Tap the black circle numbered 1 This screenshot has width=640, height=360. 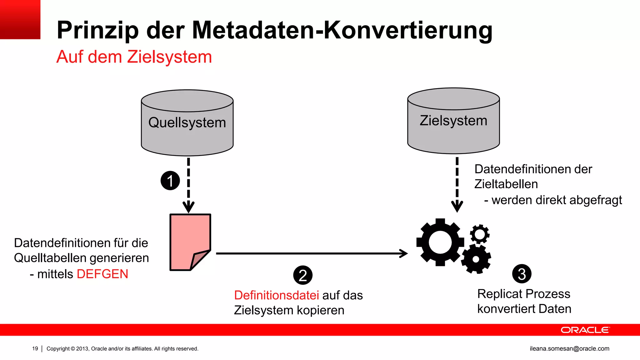[x=170, y=181]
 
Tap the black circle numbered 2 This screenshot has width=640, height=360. [x=302, y=275]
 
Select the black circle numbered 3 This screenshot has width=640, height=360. [x=522, y=274]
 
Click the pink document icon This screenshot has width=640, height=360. [x=189, y=241]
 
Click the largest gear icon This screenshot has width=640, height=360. [x=440, y=242]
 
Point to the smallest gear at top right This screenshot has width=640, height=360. [x=480, y=234]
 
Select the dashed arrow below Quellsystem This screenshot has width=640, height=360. [x=188, y=184]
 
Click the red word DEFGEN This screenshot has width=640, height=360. [x=102, y=274]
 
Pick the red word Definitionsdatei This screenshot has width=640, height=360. [x=276, y=295]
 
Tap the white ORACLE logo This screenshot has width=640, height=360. [x=585, y=330]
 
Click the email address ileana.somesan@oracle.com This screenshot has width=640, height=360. [x=569, y=348]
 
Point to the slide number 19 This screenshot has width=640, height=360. [x=35, y=348]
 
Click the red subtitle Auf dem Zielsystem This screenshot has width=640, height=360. [x=134, y=57]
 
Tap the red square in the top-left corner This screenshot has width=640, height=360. [x=20, y=19]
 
